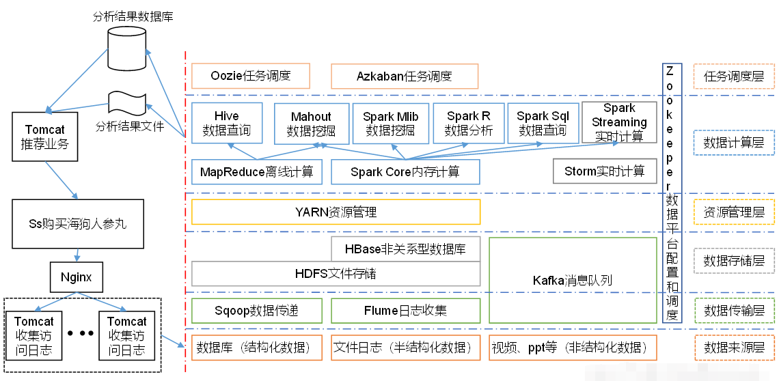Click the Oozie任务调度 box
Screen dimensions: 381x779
pos(251,76)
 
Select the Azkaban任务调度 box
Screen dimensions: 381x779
pos(405,76)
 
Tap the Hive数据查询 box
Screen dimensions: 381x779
pos(227,123)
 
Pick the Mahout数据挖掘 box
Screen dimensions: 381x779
pos(311,123)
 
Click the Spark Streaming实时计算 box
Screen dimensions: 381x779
pos(619,122)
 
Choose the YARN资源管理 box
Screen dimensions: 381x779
pos(336,212)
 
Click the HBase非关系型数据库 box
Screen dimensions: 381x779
pos(406,249)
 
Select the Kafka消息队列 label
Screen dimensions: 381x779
pos(573,280)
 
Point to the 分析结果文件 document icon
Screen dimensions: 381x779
pos(128,103)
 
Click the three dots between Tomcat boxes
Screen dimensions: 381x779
pos(81,333)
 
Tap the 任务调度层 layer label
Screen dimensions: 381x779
pos(734,76)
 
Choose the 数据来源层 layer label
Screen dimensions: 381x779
pos(734,348)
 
